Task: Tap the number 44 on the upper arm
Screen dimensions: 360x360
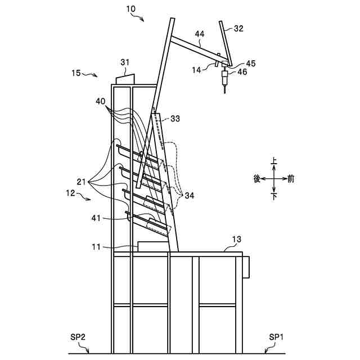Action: click(x=199, y=35)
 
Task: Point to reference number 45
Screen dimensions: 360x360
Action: click(x=250, y=64)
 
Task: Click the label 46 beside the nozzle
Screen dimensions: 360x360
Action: click(x=242, y=72)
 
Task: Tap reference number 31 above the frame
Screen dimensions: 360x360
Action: click(x=124, y=62)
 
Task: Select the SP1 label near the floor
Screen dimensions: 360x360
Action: click(x=275, y=337)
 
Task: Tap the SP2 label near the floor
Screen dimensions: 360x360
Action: click(x=79, y=337)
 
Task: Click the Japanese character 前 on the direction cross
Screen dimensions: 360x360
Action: click(x=290, y=178)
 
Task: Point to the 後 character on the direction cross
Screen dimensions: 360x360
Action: click(x=257, y=178)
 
